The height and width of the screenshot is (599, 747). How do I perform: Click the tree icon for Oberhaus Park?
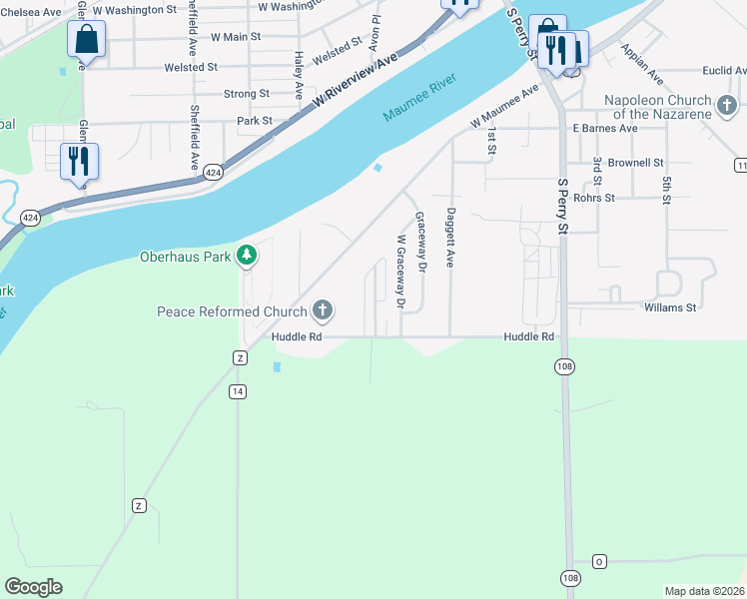coord(247,256)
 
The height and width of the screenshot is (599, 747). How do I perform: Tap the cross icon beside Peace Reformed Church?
coord(322,311)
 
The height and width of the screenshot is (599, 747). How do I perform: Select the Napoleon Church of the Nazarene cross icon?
coord(727,104)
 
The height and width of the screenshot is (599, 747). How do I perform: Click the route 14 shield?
coord(237,391)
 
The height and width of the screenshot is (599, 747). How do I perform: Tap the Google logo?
coord(33,587)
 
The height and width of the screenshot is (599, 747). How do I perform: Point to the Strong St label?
coord(247,94)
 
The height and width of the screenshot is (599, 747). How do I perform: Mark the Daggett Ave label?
coord(451,237)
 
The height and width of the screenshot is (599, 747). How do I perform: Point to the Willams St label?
coord(669,307)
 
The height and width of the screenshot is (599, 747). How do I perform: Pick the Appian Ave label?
coord(641,62)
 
